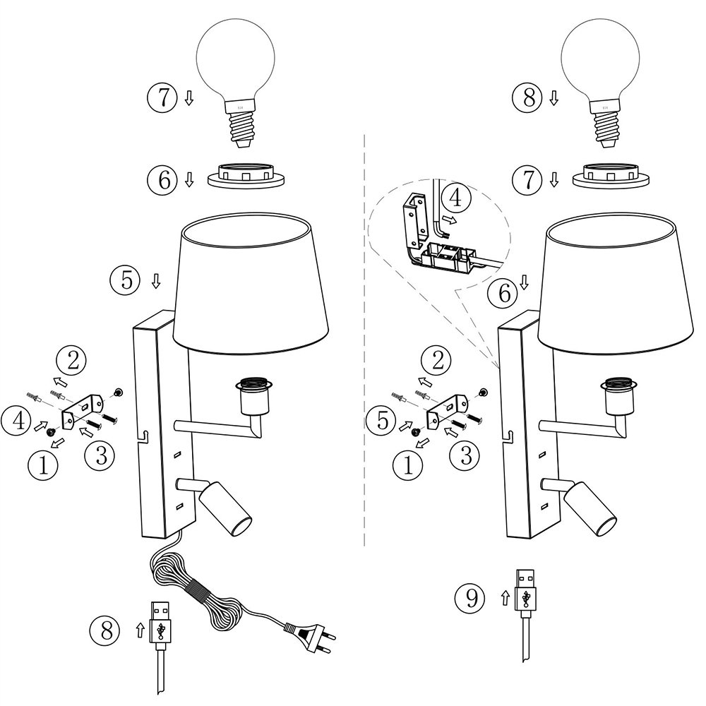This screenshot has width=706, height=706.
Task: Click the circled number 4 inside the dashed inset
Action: click(x=456, y=197)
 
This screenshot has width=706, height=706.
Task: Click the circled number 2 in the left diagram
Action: click(x=72, y=361)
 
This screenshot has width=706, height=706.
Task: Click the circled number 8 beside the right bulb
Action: click(x=529, y=98)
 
